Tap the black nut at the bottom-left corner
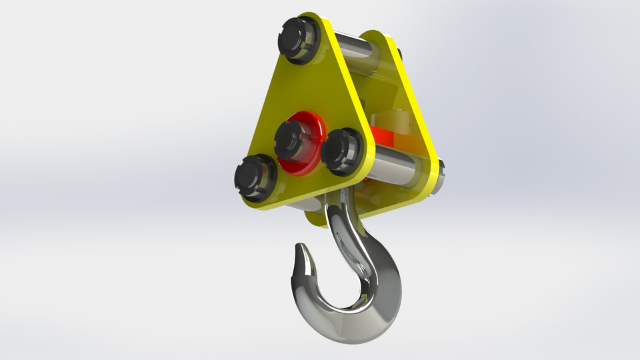point(255,178)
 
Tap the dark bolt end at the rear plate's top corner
point(399,52)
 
